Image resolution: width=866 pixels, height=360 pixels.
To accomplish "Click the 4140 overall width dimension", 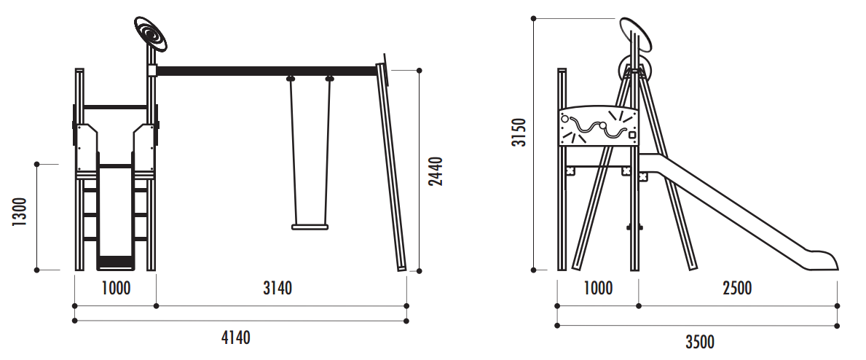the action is (x=235, y=337).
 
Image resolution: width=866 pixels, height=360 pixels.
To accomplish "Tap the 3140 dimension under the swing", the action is (x=277, y=288).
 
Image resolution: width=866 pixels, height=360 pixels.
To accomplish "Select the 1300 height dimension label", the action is (x=20, y=212).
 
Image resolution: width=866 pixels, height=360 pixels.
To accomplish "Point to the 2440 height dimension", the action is (x=436, y=171).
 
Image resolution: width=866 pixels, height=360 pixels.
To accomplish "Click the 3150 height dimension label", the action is (x=519, y=132).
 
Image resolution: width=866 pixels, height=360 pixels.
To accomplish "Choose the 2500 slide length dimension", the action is (x=737, y=288).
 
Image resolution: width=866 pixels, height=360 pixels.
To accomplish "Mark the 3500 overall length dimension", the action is (x=700, y=342).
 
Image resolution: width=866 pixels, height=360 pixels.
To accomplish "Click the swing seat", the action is (x=310, y=227).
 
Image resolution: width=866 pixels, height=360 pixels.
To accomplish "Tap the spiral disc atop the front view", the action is (x=151, y=34).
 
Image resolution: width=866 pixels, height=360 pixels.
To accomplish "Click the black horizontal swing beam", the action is (x=267, y=71).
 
